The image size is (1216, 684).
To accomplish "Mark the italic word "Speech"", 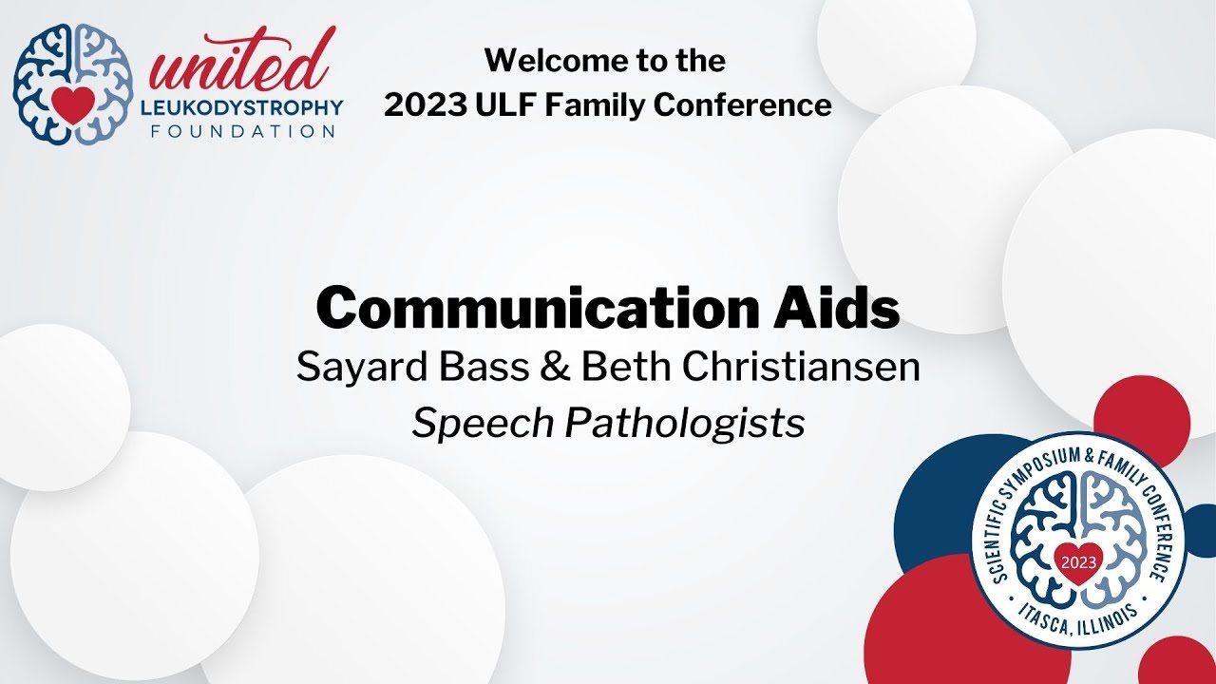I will (483, 425).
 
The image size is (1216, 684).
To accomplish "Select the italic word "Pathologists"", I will (685, 425).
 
